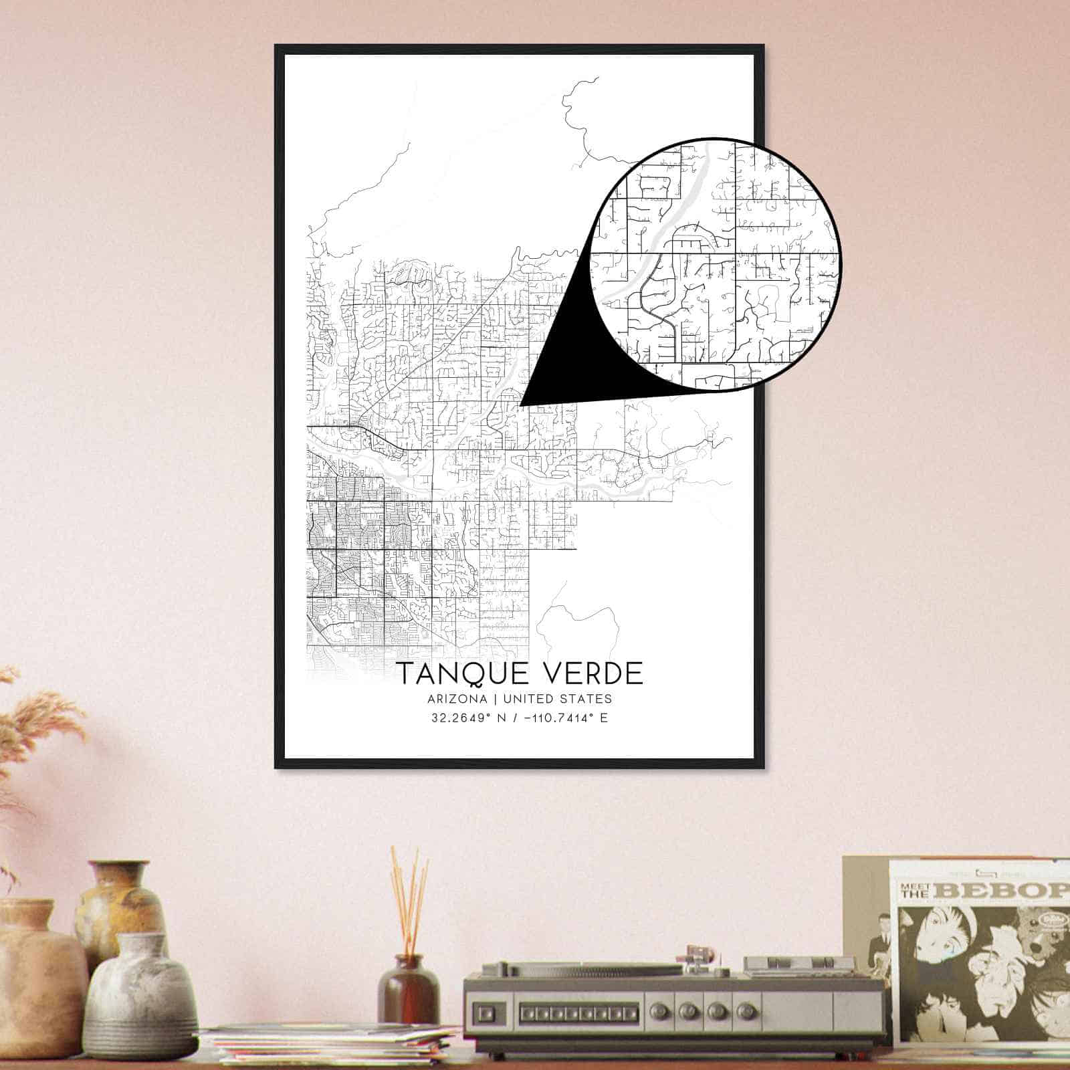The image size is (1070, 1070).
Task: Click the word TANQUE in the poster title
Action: (x=455, y=673)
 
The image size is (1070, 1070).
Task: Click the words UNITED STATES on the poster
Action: (x=557, y=700)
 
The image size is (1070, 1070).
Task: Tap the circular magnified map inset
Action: (x=716, y=264)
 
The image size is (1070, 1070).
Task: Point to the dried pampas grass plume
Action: (x=40, y=722)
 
